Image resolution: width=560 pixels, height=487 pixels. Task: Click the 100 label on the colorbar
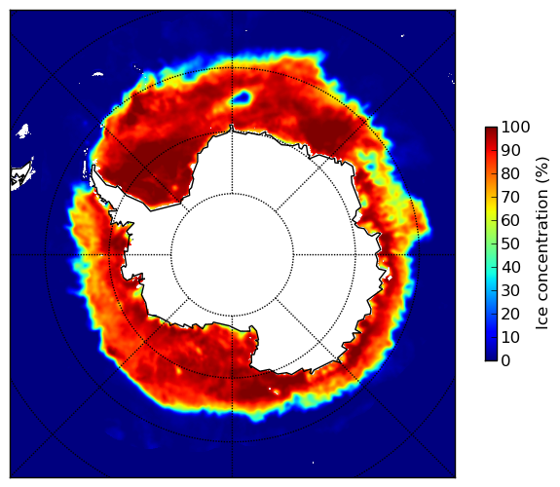click(x=516, y=127)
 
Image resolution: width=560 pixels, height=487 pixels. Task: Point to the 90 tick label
click(x=510, y=150)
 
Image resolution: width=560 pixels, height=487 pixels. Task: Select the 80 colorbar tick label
click(x=510, y=173)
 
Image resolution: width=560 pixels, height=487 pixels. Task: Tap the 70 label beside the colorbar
click(x=510, y=197)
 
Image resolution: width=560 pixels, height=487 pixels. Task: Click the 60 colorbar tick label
click(x=510, y=220)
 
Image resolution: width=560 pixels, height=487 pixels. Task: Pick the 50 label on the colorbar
click(x=510, y=244)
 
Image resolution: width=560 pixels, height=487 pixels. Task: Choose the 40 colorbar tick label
click(x=510, y=267)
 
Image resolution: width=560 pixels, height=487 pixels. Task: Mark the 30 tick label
click(x=510, y=290)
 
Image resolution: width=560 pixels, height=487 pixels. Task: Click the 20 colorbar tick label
click(x=510, y=314)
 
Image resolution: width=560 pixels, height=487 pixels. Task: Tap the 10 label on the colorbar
click(x=510, y=337)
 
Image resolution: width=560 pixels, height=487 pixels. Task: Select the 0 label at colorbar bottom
click(x=506, y=361)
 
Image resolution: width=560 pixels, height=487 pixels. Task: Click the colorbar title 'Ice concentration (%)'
click(x=541, y=243)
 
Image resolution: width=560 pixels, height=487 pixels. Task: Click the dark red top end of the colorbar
click(x=491, y=130)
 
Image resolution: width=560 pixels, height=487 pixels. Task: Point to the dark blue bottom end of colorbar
click(x=491, y=358)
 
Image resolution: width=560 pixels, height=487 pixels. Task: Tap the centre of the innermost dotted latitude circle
click(x=232, y=255)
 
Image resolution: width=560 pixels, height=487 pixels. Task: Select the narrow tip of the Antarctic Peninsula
click(x=93, y=168)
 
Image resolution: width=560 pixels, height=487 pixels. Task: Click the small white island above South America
click(x=23, y=131)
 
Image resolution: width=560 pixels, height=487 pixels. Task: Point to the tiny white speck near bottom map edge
click(x=314, y=463)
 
